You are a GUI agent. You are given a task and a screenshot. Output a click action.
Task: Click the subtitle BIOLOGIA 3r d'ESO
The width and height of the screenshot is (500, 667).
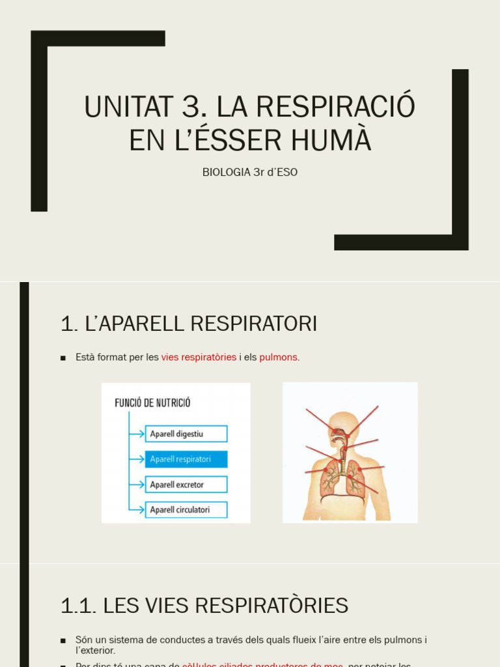[x=250, y=172]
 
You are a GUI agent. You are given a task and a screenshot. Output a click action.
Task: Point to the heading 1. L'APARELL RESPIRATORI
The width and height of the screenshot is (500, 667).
[x=189, y=323]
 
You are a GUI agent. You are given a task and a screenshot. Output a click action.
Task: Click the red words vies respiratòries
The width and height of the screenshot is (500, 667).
[x=199, y=357]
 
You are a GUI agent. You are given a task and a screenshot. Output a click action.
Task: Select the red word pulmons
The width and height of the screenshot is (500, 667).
[x=279, y=357]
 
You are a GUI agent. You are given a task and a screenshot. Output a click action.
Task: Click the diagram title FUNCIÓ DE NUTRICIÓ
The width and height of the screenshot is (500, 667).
[x=152, y=403]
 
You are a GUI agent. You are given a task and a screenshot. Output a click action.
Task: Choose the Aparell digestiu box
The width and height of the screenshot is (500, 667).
[x=186, y=434]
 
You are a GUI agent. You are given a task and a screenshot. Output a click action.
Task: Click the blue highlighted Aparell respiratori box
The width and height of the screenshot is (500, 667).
[x=186, y=459]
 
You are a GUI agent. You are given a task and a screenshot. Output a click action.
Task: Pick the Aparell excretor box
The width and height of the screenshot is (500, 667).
[x=186, y=485]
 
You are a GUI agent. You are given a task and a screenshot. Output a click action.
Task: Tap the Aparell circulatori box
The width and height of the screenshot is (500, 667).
[x=186, y=509]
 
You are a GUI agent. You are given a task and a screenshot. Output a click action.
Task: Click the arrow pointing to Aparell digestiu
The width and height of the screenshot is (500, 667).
[x=137, y=434]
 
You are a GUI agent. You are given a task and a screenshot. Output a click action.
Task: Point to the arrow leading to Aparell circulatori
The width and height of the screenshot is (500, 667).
[x=137, y=509]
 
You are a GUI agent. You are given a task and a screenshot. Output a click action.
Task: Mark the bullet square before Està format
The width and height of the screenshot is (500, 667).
[x=63, y=358]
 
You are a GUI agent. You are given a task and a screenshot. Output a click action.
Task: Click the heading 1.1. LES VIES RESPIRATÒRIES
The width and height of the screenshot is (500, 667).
[x=204, y=605]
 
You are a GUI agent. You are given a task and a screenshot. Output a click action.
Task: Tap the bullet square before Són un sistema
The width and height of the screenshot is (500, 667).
[x=63, y=640]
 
